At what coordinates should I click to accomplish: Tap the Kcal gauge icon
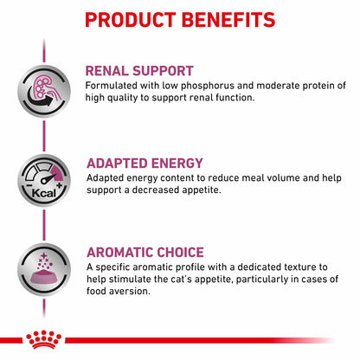click(x=42, y=182)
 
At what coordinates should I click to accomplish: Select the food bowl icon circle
click(x=42, y=271)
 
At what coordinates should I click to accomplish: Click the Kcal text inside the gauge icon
click(x=35, y=193)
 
